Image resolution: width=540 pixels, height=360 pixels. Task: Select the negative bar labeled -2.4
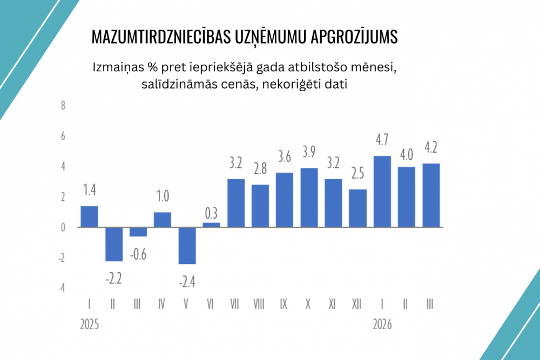coord(187,246)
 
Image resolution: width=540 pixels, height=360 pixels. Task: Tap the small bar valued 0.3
coord(211,225)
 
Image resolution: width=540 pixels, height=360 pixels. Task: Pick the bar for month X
coord(309,198)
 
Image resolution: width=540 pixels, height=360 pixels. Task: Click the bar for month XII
coord(358,208)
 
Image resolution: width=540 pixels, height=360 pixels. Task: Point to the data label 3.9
coord(309,153)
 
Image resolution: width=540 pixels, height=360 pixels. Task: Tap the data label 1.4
coord(89,190)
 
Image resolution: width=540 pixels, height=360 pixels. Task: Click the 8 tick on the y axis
coord(63,105)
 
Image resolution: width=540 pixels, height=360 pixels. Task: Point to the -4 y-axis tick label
coord(62,288)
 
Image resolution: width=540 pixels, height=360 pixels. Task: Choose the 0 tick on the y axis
coord(63,227)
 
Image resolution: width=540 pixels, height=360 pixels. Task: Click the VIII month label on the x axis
coord(260,304)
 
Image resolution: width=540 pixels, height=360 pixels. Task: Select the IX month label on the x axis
coord(284,304)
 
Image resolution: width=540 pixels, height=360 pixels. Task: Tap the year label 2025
coord(90,325)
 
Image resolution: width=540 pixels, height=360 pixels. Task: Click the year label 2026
coord(382,325)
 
